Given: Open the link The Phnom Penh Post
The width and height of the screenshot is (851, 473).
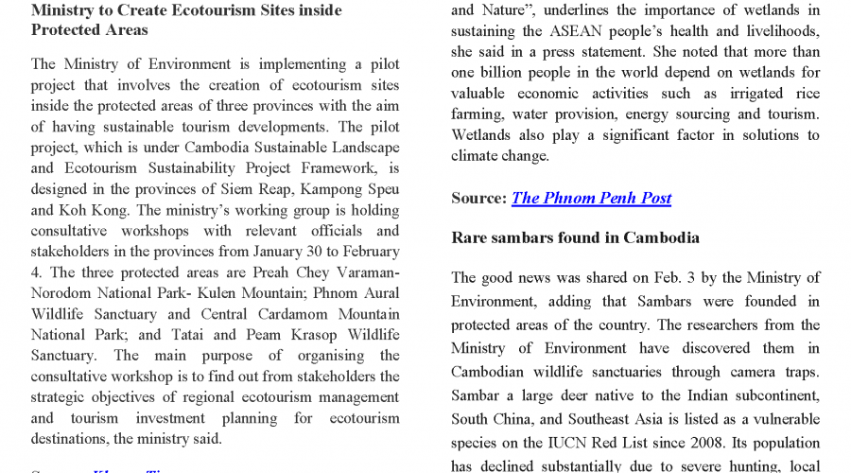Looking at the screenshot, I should coord(591,198).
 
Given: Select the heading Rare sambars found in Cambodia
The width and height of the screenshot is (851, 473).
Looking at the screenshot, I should coord(575,237).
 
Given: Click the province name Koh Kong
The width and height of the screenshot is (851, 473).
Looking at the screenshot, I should coord(85,211).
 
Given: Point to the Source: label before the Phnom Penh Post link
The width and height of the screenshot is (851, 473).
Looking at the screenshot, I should coord(479,198).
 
